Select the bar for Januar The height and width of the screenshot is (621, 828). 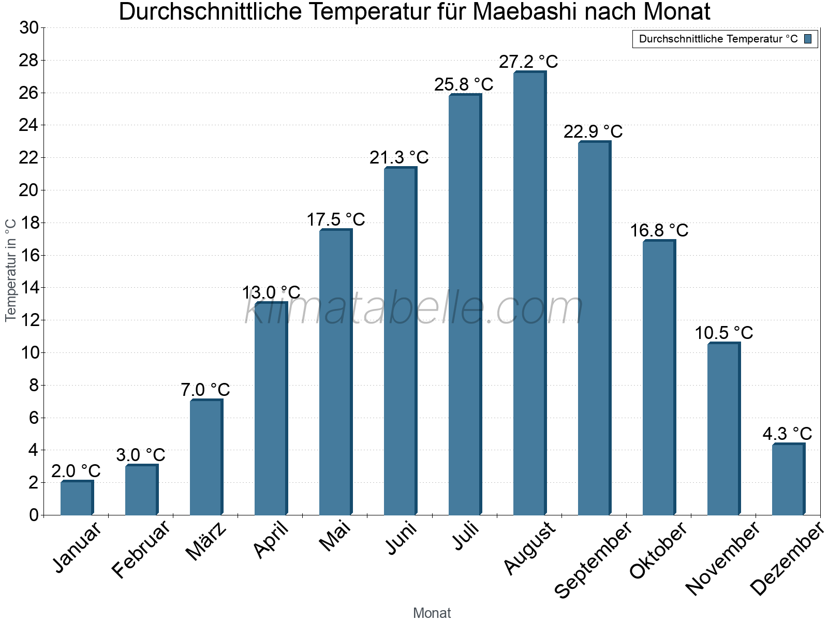[77, 498]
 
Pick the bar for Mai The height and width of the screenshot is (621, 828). [335, 372]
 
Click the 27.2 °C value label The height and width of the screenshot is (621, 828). [528, 62]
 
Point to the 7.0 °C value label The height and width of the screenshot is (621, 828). [205, 390]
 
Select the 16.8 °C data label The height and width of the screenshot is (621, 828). [659, 230]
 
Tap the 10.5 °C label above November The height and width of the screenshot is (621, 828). [723, 333]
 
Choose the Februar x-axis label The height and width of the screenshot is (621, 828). [141, 549]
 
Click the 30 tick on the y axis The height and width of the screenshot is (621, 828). [29, 28]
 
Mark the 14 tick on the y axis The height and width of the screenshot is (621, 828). [29, 288]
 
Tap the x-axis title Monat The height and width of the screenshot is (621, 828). [432, 613]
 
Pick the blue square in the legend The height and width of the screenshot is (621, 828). [808, 39]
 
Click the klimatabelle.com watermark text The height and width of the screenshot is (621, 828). [414, 308]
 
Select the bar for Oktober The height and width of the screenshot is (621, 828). [659, 378]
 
